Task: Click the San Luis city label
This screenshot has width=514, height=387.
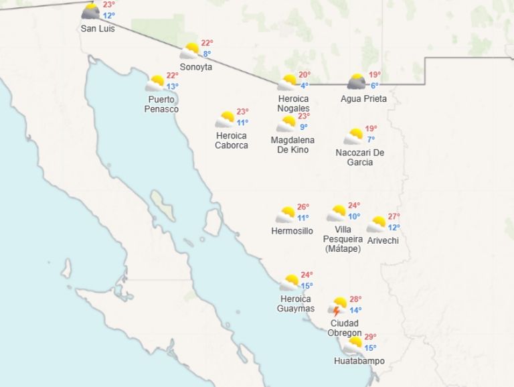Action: [98, 28]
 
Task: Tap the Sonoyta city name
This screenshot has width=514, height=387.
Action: [196, 67]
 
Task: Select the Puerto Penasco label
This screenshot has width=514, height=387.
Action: [162, 104]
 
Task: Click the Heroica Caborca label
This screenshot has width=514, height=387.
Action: [232, 141]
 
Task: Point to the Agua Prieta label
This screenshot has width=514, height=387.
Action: [363, 99]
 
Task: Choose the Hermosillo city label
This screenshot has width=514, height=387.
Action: [292, 231]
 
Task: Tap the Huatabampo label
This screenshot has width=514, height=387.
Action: [359, 362]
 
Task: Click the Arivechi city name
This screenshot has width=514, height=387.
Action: [383, 240]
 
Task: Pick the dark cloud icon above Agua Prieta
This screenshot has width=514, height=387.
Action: [357, 82]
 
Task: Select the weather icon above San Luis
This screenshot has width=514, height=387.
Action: [91, 11]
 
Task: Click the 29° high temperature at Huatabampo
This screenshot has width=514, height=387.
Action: [370, 337]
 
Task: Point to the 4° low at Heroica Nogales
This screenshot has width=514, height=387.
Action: [304, 86]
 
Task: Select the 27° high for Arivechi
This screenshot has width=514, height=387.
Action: [394, 216]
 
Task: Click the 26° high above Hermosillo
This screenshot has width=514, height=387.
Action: [303, 207]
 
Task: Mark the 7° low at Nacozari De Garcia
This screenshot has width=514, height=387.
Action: [371, 139]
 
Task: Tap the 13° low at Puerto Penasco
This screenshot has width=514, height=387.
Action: [173, 86]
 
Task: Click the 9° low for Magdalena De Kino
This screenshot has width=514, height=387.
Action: [303, 127]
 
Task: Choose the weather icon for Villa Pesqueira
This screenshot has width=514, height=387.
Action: [337, 214]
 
